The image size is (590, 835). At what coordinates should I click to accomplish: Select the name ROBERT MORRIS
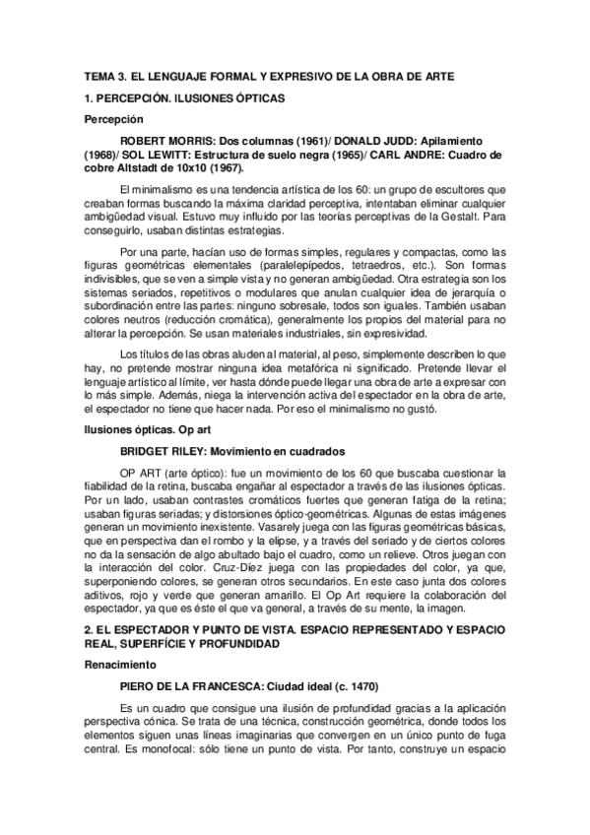tap(164, 141)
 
